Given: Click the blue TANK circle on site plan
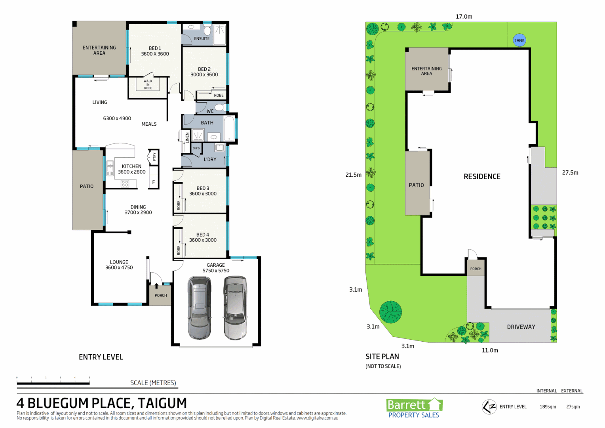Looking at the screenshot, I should click(x=519, y=40).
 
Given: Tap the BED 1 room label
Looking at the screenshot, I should click(x=155, y=51).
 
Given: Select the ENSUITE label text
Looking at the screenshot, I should click(x=202, y=38).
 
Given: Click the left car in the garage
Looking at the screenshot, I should click(x=199, y=308).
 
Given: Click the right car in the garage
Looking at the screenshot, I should click(x=235, y=308).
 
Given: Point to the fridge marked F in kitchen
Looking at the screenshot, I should click(x=154, y=182).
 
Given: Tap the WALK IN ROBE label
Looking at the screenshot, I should click(x=148, y=84).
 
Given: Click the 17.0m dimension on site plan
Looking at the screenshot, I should click(x=464, y=17).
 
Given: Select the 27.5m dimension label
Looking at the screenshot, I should click(x=570, y=173).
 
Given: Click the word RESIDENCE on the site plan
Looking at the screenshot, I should click(x=482, y=177).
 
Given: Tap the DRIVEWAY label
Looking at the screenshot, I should click(x=521, y=327).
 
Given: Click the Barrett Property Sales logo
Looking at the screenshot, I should click(x=414, y=408).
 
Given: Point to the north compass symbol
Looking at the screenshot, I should click(x=489, y=407).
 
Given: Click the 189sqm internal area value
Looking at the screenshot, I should click(x=548, y=407).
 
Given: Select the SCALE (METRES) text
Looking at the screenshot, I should click(x=153, y=383).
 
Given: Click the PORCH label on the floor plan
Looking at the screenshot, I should click(x=161, y=295).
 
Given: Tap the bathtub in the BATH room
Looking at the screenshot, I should click(x=229, y=128).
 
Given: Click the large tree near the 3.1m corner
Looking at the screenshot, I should click(x=390, y=312).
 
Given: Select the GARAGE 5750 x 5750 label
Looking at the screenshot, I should click(x=216, y=268).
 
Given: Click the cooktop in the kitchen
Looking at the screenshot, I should click(x=125, y=183).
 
